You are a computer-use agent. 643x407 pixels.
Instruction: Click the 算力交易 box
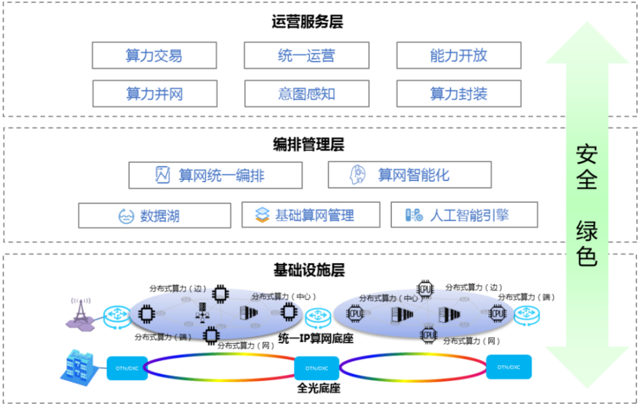154,55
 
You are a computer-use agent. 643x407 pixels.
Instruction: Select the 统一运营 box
306,55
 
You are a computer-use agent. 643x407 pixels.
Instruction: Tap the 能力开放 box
458,55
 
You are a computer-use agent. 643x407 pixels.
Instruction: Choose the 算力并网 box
154,93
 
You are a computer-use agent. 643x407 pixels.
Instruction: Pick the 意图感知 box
306,93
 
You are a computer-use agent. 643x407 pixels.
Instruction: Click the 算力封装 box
458,93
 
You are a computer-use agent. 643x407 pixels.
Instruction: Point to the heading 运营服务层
307,22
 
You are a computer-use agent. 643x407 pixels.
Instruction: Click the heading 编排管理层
308,143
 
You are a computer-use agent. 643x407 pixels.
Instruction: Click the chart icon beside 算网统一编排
163,175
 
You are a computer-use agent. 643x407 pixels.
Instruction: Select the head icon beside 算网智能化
358,175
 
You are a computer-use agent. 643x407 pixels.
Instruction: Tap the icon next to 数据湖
126,215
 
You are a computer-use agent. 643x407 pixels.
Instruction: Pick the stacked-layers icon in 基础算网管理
263,215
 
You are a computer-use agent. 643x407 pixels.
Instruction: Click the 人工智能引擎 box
464,215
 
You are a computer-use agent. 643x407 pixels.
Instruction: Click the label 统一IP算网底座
316,339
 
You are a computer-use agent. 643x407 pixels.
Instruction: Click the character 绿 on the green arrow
586,230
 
